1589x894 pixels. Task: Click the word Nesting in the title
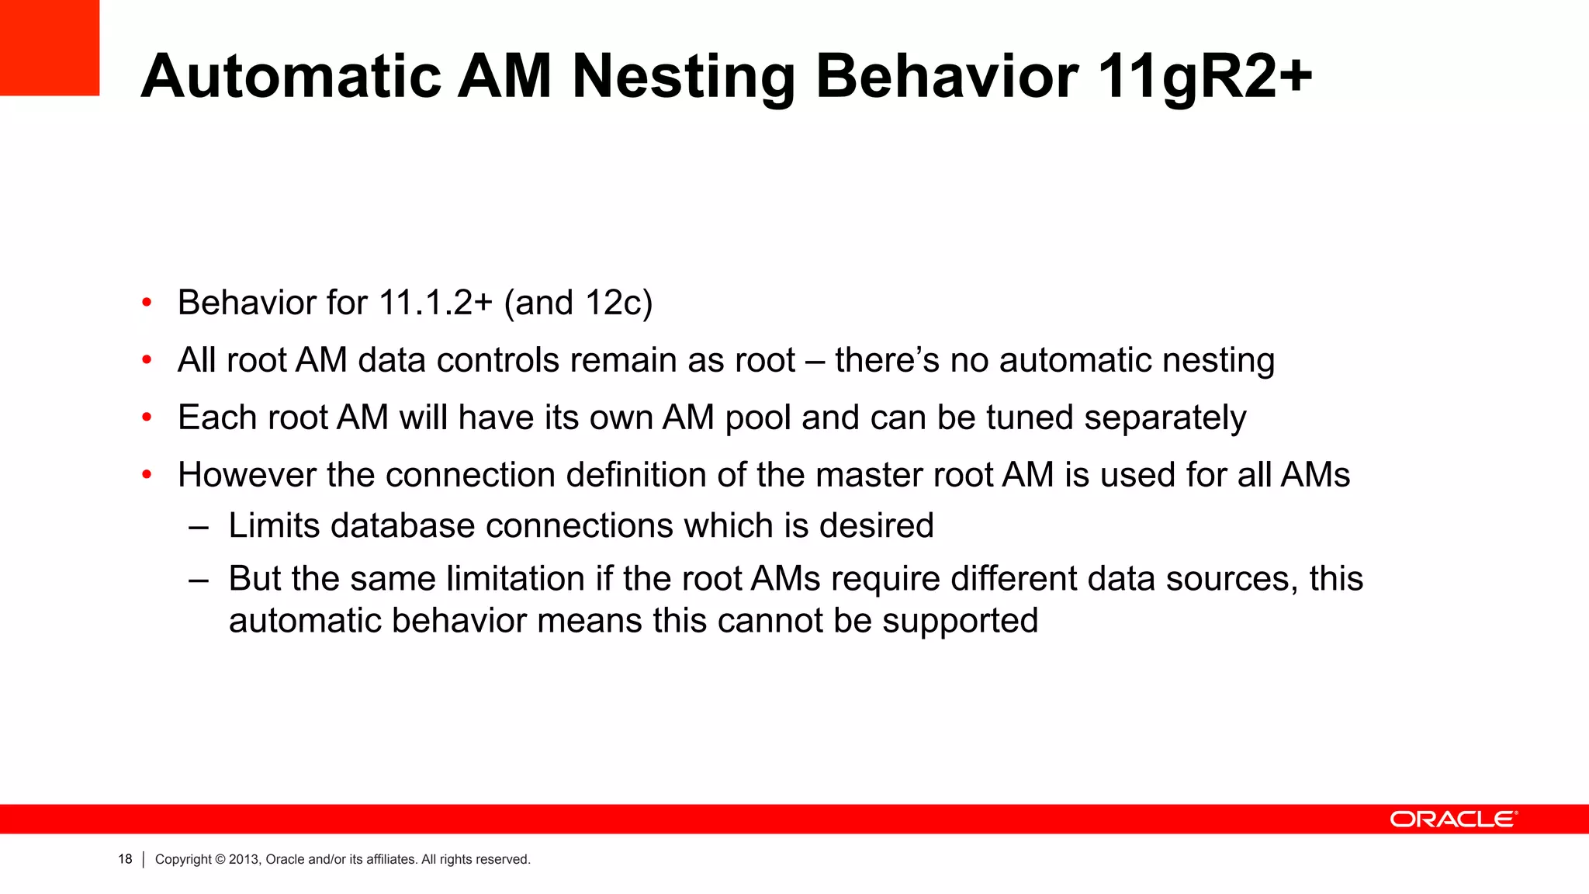[x=684, y=78]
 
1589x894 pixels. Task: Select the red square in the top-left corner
[x=50, y=47]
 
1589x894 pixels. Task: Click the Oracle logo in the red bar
[x=1453, y=819]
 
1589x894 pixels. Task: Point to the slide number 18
[x=125, y=859]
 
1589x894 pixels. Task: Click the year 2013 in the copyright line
[x=243, y=859]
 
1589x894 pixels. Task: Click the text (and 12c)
[x=578, y=303]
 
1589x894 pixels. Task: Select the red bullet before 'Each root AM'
[x=147, y=418]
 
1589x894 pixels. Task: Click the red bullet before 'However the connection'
[x=147, y=475]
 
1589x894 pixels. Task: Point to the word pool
[x=758, y=418]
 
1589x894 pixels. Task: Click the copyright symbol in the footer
[x=220, y=859]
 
